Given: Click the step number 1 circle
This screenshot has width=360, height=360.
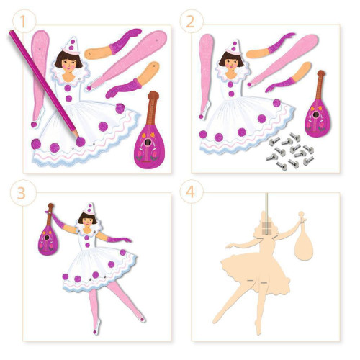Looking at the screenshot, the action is [23, 22].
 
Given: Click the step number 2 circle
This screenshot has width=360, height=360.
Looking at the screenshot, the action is [192, 22].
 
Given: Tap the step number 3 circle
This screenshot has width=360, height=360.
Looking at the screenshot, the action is [23, 193].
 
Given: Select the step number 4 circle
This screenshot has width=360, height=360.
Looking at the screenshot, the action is [192, 192].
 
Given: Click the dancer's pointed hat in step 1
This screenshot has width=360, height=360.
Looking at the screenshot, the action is [71, 46].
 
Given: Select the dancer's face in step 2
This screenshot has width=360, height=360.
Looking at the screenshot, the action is [232, 63].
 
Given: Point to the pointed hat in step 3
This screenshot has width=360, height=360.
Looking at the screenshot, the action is [89, 209].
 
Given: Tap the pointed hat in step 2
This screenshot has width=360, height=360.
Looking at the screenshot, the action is [233, 48].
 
